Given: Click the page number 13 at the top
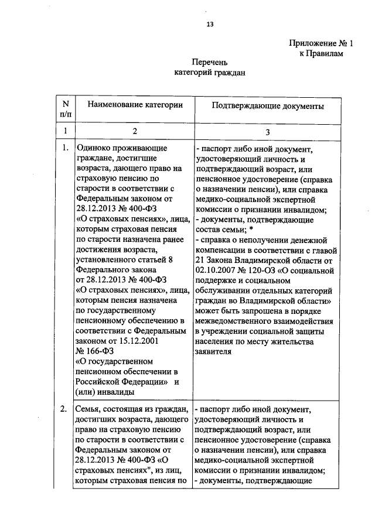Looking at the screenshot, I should click(x=209, y=24).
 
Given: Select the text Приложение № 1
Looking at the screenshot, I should click(x=322, y=43).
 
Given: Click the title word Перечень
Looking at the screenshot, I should click(x=209, y=63).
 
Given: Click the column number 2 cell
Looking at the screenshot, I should click(x=134, y=131).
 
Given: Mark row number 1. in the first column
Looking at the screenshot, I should click(x=64, y=149).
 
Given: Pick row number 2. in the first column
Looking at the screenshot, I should click(x=64, y=409).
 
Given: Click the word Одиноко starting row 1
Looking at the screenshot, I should click(x=93, y=149).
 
